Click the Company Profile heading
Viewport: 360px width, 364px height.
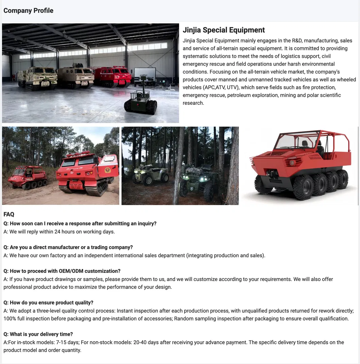(28, 11)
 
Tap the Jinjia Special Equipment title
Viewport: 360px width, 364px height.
(224, 30)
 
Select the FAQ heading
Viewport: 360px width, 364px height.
(9, 214)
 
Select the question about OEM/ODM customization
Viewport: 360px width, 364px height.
(62, 271)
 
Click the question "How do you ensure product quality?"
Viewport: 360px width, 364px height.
(48, 303)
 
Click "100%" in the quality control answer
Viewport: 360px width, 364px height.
(9, 319)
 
